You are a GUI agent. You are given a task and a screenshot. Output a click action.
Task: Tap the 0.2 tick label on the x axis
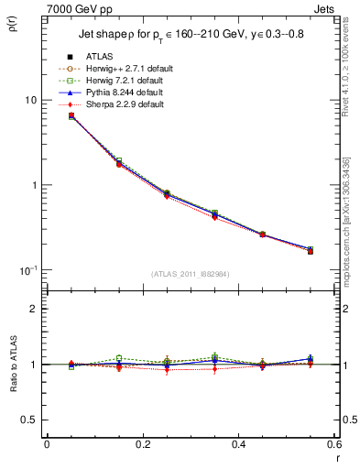tap(142, 444)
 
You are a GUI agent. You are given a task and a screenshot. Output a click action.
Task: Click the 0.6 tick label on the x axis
tap(334, 444)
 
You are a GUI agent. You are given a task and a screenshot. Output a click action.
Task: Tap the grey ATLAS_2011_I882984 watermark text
tap(191, 274)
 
